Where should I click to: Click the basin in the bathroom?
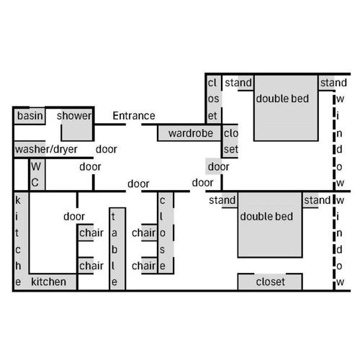coord(30,116)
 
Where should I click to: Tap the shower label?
coord(74,116)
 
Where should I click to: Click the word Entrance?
coord(134,116)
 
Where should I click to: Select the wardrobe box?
coord(189,132)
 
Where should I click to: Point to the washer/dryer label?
coord(46,149)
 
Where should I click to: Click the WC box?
coord(37,174)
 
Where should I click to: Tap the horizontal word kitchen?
coord(48,282)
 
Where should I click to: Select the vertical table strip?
coord(117,249)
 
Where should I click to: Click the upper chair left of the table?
coord(86,233)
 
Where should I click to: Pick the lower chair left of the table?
coord(86,266)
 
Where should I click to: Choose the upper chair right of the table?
coord(149,233)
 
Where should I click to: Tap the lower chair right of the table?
coord(149,266)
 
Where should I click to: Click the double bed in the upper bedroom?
coord(286,108)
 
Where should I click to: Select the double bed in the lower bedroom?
coord(270,225)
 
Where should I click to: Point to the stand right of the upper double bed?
coord(327,83)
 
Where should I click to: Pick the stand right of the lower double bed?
coord(310,200)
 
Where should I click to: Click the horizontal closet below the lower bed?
coord(270,282)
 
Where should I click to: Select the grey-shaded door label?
coord(218,166)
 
